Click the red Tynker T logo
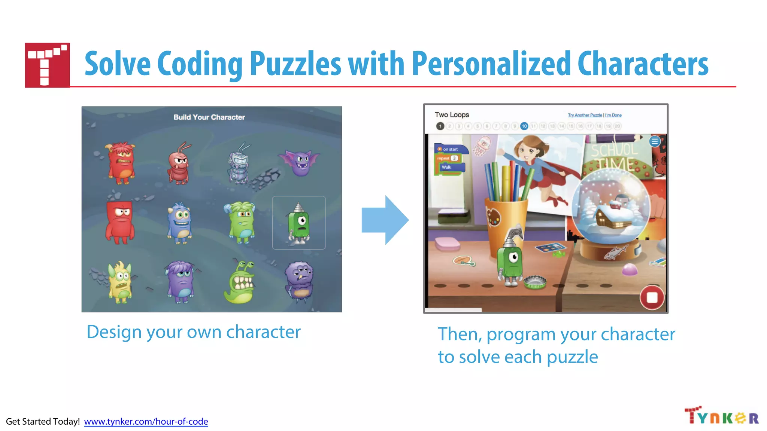tap(47, 65)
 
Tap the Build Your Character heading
tap(209, 117)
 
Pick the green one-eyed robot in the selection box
tap(298, 223)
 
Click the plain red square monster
tap(120, 222)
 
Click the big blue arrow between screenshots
tap(385, 220)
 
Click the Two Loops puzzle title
tap(452, 115)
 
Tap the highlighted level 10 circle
tap(524, 126)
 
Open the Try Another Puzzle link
tap(585, 115)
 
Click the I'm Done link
tap(613, 115)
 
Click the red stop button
tap(652, 297)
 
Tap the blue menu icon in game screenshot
tap(655, 141)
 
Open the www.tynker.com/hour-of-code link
tap(146, 422)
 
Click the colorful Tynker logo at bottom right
tap(721, 416)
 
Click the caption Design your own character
tap(193, 332)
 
